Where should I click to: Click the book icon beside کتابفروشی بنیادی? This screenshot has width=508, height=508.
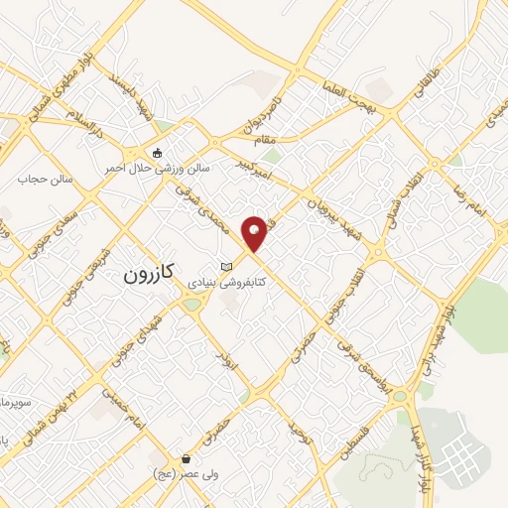coord(226,267)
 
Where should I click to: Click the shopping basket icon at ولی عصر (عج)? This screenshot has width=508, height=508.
coord(186,458)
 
